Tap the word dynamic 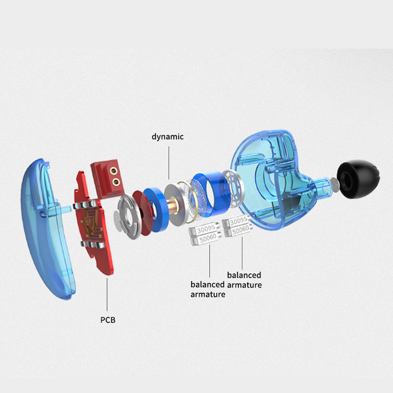(168, 137)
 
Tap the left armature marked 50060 (206, 239)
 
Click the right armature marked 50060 (239, 228)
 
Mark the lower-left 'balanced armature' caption (208, 289)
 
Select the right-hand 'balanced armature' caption (244, 280)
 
